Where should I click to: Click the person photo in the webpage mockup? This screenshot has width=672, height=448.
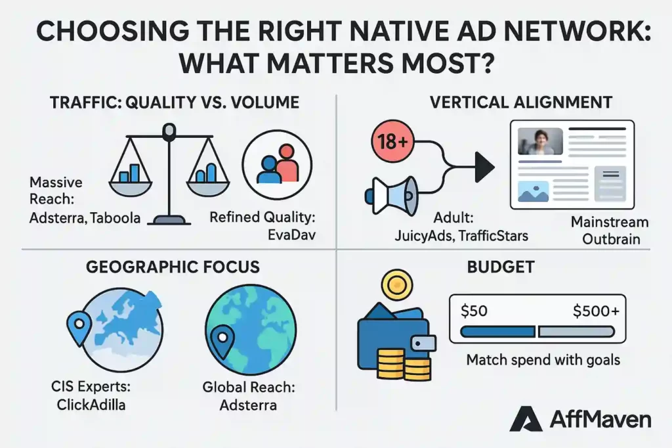point(540,141)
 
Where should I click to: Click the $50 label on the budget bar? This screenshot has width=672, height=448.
point(474,311)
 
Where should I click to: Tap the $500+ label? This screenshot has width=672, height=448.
point(595,311)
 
